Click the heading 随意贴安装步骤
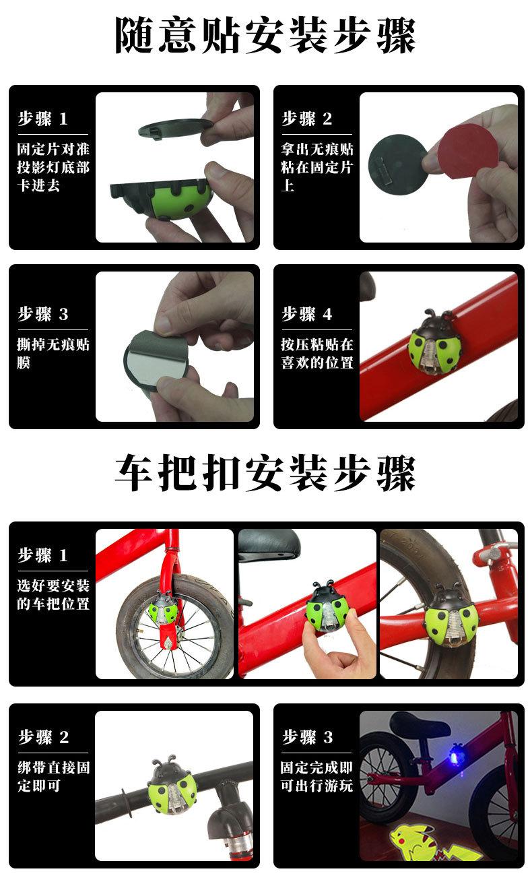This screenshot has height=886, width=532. [x=265, y=35]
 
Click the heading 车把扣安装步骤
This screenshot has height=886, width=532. [x=265, y=473]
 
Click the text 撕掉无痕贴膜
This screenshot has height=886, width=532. [x=53, y=354]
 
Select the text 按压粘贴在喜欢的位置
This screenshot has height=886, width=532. [x=317, y=354]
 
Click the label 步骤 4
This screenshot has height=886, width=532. [x=306, y=314]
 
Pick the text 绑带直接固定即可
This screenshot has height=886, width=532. [x=53, y=776]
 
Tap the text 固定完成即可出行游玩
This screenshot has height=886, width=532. [x=317, y=776]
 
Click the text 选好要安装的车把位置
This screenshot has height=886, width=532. [x=53, y=594]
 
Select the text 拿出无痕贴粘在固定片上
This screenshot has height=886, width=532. [x=317, y=167]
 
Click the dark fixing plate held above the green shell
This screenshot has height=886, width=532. [x=175, y=128]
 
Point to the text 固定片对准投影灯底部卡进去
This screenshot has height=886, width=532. [x=53, y=167]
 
